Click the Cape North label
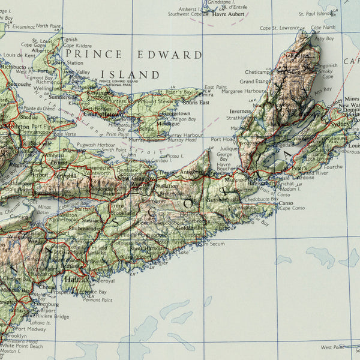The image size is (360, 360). (x=323, y=28)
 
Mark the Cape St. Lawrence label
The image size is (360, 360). (x=279, y=28)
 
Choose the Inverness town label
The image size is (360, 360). (x=240, y=111)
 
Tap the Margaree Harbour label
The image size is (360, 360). (x=243, y=91)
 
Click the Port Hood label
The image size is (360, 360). (x=223, y=139)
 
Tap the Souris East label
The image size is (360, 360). (x=196, y=103)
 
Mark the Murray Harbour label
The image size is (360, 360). (x=185, y=135)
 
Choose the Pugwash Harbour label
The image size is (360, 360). (x=95, y=145)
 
